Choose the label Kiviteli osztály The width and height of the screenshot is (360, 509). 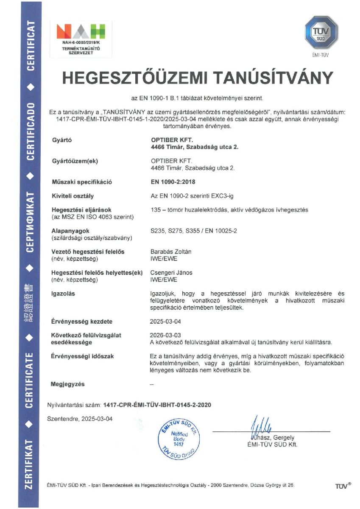click(72, 196)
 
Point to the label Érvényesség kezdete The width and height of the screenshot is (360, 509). click(81, 322)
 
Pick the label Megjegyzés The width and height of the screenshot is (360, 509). click(67, 384)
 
